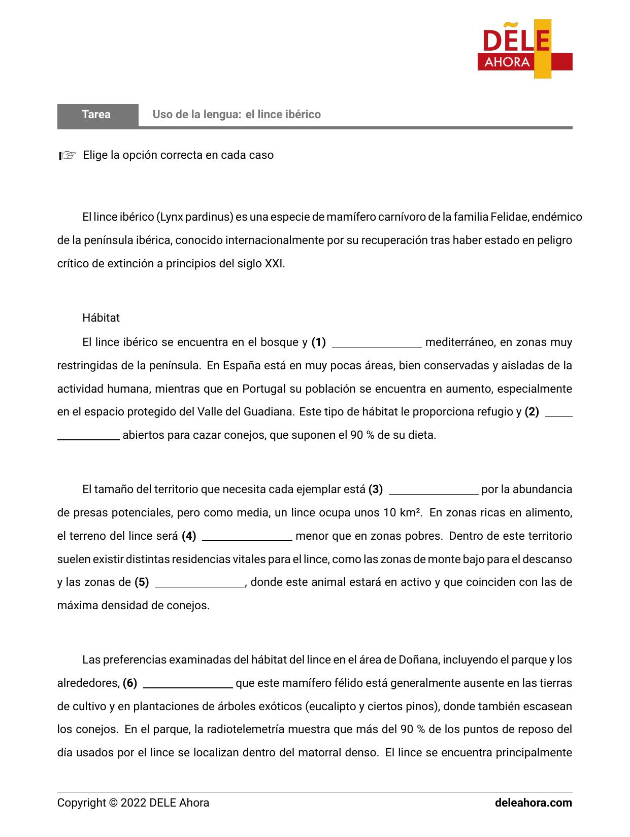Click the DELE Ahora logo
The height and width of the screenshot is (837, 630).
pos(525,49)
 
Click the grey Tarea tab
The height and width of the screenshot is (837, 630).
pos(97,115)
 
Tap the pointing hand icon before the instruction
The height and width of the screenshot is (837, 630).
pos(67,156)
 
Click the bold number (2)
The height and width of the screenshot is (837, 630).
pos(532,412)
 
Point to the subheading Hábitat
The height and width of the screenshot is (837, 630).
pos(101,318)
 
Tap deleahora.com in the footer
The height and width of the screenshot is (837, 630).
pos(533,803)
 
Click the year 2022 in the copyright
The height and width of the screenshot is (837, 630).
pos(134,803)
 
